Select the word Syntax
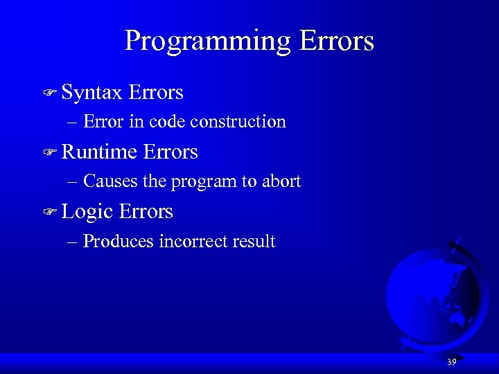click(x=91, y=92)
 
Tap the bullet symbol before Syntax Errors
click(x=49, y=93)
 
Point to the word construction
click(x=238, y=122)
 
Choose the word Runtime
click(x=99, y=152)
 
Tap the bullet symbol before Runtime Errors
click(x=49, y=152)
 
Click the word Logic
click(x=87, y=212)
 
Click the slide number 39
click(x=451, y=362)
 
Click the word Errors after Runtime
click(x=170, y=152)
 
